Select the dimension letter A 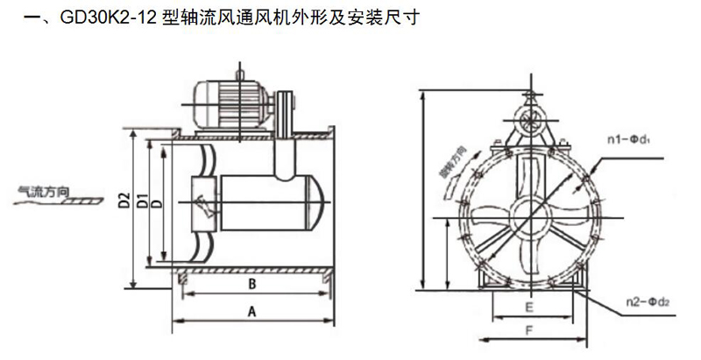pos(251,311)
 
